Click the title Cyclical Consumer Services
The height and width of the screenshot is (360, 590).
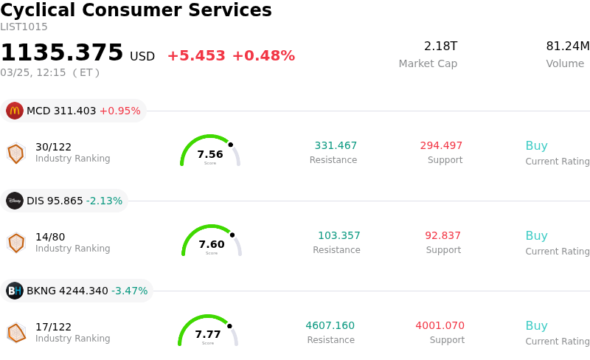click(x=136, y=10)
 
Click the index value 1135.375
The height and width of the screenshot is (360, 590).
click(x=62, y=53)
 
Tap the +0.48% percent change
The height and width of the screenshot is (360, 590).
click(x=263, y=56)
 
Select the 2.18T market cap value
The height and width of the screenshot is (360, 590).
click(x=440, y=46)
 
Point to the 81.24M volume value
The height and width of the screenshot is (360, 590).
click(x=567, y=46)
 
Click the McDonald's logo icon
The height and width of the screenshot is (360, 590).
click(x=15, y=111)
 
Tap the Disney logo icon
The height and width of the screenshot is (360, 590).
click(x=15, y=201)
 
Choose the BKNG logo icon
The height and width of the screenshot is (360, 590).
click(x=15, y=291)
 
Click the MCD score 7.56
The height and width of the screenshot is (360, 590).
click(x=210, y=154)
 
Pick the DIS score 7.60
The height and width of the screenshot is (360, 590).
click(x=212, y=244)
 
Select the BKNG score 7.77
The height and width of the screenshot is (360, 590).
click(x=208, y=334)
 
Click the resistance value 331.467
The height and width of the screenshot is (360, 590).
click(x=336, y=146)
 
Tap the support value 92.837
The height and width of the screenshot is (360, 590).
click(x=442, y=236)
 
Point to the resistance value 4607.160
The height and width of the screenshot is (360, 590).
click(x=330, y=326)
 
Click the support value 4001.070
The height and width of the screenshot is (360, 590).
click(x=440, y=326)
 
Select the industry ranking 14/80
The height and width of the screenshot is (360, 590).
click(x=50, y=237)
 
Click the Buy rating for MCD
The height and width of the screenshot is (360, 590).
click(x=536, y=146)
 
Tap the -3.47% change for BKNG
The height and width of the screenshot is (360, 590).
click(x=130, y=291)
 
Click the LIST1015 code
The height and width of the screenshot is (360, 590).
click(x=24, y=27)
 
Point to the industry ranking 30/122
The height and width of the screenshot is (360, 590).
click(x=53, y=147)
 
